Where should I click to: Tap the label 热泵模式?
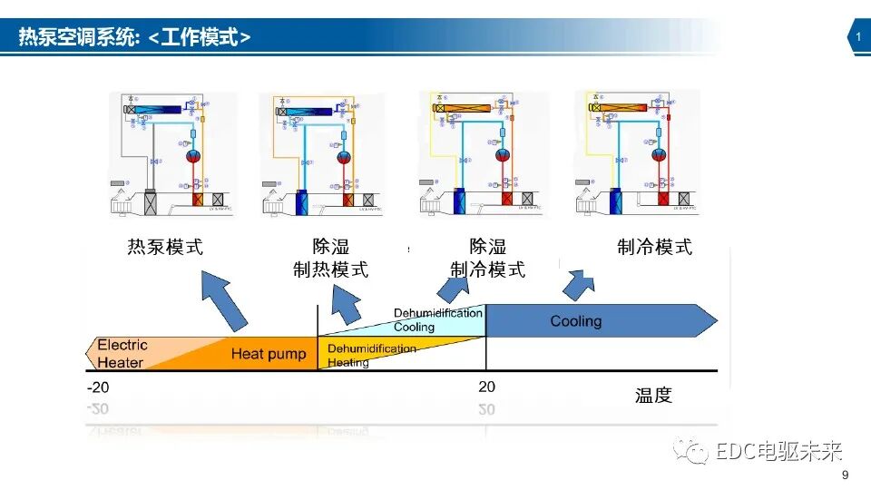[165, 247]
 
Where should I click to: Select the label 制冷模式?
[654, 247]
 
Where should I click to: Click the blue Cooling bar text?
[576, 321]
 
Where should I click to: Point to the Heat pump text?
[269, 354]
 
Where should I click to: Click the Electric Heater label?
[122, 354]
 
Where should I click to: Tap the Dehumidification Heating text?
[371, 356]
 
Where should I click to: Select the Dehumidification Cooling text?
[437, 320]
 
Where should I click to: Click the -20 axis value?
[98, 387]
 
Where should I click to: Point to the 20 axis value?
[486, 387]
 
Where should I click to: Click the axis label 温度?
[653, 396]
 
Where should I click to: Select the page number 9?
[846, 476]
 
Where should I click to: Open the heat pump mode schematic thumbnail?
[172, 154]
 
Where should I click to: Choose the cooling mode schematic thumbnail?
[637, 154]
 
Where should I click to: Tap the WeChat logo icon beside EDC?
[696, 451]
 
